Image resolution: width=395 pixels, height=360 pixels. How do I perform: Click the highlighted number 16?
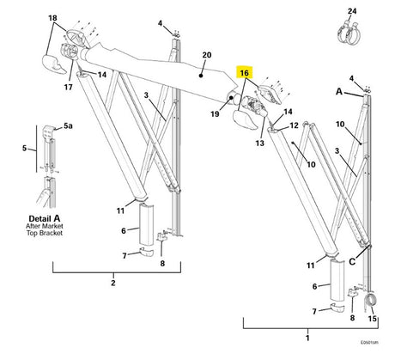point(245,74)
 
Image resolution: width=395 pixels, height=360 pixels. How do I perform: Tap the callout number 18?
point(52,18)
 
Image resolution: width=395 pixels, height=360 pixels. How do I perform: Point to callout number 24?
point(351,10)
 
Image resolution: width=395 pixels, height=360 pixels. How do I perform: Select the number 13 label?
point(258,143)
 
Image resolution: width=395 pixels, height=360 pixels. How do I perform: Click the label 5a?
point(69,126)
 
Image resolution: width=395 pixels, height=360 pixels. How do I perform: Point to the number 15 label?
point(372,319)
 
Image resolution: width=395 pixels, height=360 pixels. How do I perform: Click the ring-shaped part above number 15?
point(372,302)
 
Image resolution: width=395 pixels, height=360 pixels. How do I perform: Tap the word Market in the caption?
point(46,227)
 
